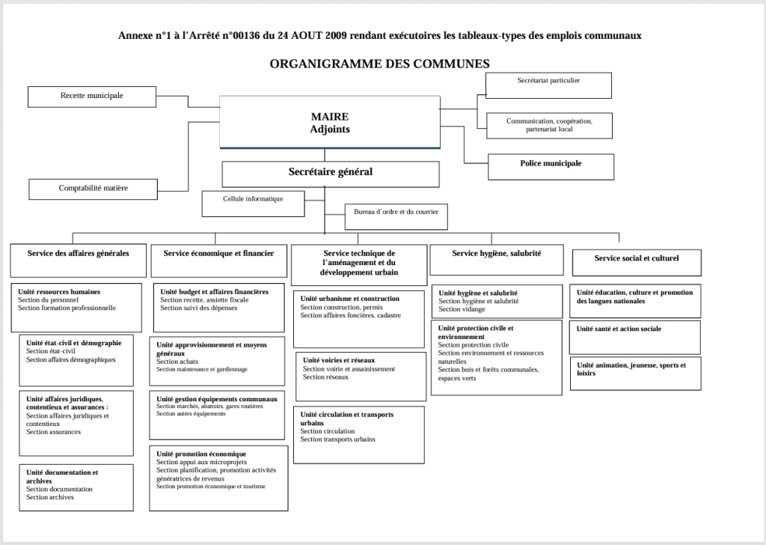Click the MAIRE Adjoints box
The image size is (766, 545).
coord(330,122)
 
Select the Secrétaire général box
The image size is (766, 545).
coord(330,173)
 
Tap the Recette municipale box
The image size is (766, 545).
coord(92,97)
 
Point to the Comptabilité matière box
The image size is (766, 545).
coord(94,189)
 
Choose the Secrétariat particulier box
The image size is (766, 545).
coord(548,85)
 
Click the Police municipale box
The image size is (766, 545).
coord(551,165)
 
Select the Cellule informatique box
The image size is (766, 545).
coord(253,202)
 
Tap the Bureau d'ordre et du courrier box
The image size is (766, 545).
coord(396,216)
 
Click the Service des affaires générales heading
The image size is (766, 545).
coord(78,254)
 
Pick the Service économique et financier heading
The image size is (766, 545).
coord(218,254)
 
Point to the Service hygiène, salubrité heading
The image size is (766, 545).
coord(496,254)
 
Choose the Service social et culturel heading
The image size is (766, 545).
coord(637,258)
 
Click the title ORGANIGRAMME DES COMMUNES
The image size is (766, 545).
coord(379,64)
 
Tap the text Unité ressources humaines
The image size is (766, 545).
coord(59,291)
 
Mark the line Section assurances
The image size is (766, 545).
coord(53,432)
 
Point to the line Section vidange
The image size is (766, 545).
coord(462,309)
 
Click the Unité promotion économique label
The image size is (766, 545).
coord(201,454)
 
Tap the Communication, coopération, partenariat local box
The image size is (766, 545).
coord(548,125)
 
